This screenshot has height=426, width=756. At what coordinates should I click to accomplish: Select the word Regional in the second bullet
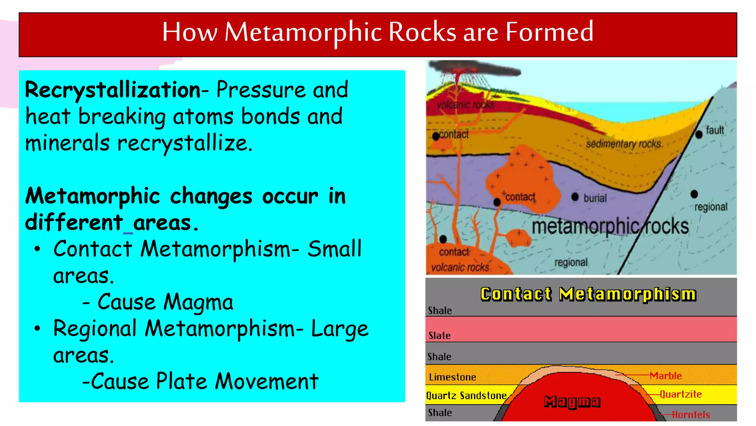95,328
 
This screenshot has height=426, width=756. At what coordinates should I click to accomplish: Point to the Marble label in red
666,376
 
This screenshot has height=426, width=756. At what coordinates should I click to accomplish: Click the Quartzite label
681,394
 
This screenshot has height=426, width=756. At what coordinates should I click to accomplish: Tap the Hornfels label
691,415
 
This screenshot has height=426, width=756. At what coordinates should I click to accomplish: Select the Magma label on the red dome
572,402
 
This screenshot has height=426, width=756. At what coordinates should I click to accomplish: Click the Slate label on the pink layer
439,335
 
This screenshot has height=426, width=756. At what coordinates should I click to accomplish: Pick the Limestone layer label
452,377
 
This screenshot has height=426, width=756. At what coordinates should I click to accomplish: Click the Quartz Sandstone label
466,396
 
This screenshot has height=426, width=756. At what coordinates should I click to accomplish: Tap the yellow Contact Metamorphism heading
588,294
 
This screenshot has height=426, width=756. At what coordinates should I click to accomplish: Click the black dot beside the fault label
699,135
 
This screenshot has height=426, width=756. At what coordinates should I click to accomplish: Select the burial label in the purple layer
595,198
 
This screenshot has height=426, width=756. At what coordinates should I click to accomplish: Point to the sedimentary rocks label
623,144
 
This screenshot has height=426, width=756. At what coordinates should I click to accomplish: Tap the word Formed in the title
549,32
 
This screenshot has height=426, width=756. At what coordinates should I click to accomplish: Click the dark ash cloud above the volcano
476,69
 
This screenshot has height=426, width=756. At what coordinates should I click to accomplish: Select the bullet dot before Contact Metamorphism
37,249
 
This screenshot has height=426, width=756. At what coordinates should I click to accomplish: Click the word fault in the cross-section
715,130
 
